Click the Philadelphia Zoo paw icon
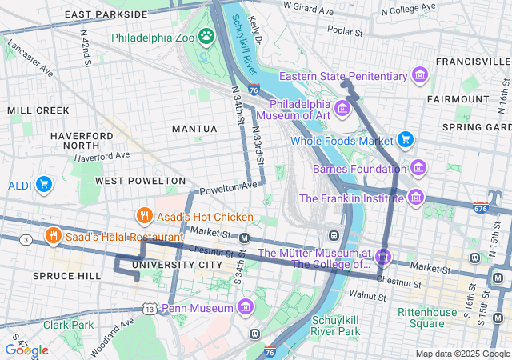point(206,36)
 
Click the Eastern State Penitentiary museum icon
point(419,76)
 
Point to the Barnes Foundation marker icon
point(418,168)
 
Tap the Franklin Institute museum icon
point(414,197)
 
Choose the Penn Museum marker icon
point(245,308)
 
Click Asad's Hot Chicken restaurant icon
point(144,216)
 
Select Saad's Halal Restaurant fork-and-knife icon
point(54,236)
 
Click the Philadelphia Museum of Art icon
point(342,108)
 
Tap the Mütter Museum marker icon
point(383,258)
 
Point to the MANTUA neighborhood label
point(194,129)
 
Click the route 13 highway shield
point(150,308)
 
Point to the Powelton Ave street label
point(229,189)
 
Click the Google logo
point(26,350)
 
